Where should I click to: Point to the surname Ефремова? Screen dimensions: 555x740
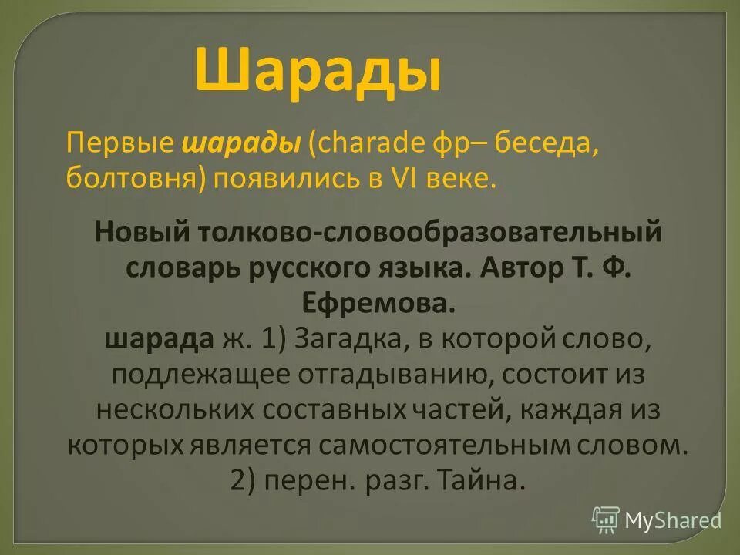coord(369,303)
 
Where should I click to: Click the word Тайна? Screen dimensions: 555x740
coord(480,480)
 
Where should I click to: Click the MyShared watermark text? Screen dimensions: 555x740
coord(672,520)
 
